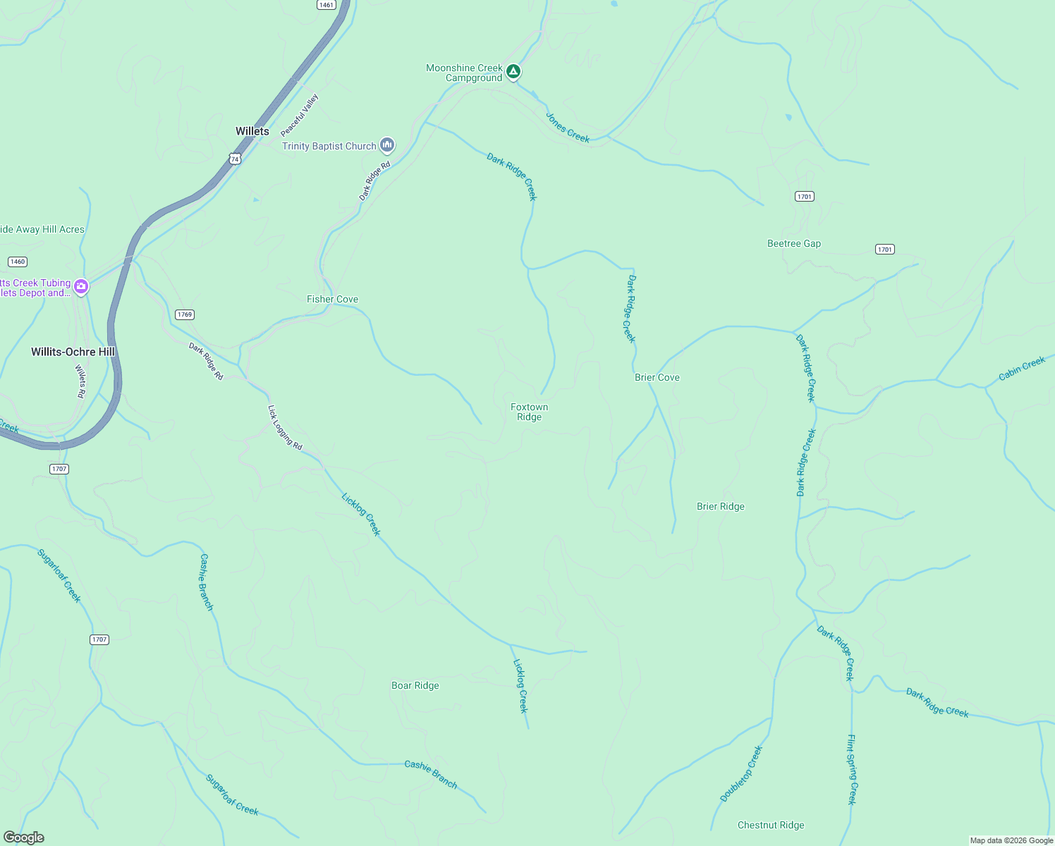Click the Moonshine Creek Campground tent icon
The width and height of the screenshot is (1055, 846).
[x=514, y=71]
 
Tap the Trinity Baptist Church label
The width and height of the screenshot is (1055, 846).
[x=329, y=146]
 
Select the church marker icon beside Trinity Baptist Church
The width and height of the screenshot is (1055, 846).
[x=386, y=145]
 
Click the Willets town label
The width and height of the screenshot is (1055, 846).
[x=252, y=131]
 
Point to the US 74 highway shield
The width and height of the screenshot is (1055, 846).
[x=235, y=159]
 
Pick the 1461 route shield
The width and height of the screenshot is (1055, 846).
[x=326, y=5]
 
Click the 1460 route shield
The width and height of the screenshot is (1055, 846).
[x=18, y=262]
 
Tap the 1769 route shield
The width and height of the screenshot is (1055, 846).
[x=185, y=314]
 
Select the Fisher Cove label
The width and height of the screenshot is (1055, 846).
[x=332, y=299]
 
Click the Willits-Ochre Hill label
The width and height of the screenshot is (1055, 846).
[x=73, y=352]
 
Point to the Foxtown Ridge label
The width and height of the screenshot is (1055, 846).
[x=529, y=412]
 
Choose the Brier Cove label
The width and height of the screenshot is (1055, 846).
[x=657, y=377]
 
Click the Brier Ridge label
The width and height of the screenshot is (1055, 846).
[x=721, y=506]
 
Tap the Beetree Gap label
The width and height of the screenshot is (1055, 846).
[x=794, y=243]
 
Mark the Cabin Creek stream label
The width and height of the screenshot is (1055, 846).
[x=1022, y=369]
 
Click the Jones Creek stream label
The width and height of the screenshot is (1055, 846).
[x=568, y=127]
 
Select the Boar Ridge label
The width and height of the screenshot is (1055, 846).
[x=415, y=685]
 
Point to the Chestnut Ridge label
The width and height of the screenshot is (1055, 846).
[x=771, y=825]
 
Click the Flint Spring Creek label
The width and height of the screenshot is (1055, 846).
[x=851, y=769]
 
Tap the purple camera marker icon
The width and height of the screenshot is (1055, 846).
[x=81, y=286]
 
